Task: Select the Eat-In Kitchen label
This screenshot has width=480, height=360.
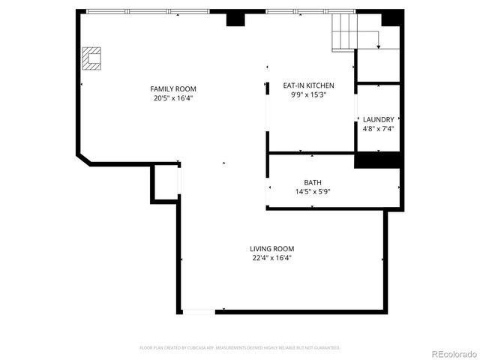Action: (x=308, y=85)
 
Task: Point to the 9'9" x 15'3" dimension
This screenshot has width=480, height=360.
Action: (x=308, y=94)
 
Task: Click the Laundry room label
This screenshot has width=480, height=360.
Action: (x=378, y=119)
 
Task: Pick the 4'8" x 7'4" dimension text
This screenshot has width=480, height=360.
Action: (x=378, y=128)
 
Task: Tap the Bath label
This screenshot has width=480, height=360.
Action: (x=313, y=182)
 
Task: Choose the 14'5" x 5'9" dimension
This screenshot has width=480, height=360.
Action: (x=313, y=191)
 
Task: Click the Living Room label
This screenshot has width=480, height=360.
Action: (x=271, y=249)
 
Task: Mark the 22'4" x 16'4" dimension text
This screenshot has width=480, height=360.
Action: (x=271, y=258)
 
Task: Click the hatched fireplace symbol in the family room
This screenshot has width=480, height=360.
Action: (x=91, y=58)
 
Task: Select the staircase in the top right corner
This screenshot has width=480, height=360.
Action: (x=346, y=31)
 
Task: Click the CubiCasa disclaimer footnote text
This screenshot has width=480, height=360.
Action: (x=240, y=348)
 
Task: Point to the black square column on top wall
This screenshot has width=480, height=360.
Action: (x=236, y=19)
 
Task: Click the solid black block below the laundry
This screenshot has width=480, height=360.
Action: (x=377, y=160)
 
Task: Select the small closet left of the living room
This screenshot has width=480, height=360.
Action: (x=165, y=182)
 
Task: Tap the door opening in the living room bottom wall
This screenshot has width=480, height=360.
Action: (x=199, y=310)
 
